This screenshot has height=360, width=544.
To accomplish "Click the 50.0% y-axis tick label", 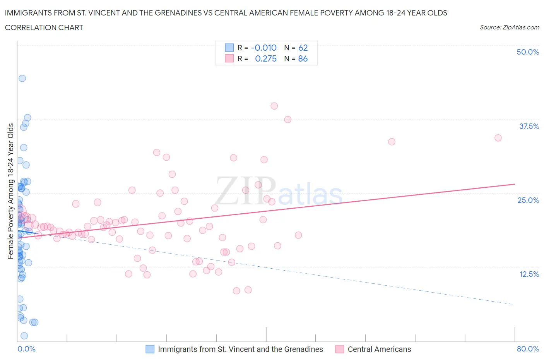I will click(x=528, y=52).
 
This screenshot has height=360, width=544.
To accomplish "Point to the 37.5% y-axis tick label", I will click(x=529, y=126).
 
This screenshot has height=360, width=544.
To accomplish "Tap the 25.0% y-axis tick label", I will click(x=528, y=200).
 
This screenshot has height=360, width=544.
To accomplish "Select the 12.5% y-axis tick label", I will click(x=529, y=274).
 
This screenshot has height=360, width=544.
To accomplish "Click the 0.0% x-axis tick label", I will click(x=27, y=349).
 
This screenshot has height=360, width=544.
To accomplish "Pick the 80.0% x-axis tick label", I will click(x=528, y=349).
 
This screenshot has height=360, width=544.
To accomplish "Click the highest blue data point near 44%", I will click(x=22, y=78).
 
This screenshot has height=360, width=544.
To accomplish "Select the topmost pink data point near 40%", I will click(x=274, y=106).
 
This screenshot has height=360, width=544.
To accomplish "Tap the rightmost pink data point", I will click(x=498, y=138).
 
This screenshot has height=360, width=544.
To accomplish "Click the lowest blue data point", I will click(x=24, y=336).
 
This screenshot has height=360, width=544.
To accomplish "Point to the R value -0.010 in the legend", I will click(x=263, y=48).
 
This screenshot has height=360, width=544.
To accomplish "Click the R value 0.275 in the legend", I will click(x=266, y=58).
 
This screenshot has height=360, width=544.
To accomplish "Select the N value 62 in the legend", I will click(x=303, y=48).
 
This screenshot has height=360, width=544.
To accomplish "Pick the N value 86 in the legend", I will click(x=303, y=58).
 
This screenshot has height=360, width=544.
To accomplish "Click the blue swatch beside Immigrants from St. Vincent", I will click(x=150, y=349).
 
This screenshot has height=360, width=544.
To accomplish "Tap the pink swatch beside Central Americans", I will click(x=340, y=349).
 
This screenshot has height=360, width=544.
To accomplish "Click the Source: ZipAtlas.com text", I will click(x=509, y=27).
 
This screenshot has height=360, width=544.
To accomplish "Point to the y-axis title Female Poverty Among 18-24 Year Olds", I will click(x=11, y=191).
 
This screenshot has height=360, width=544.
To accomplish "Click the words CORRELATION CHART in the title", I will click(x=44, y=27).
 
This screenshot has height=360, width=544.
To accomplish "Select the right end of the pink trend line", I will click(x=515, y=184).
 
